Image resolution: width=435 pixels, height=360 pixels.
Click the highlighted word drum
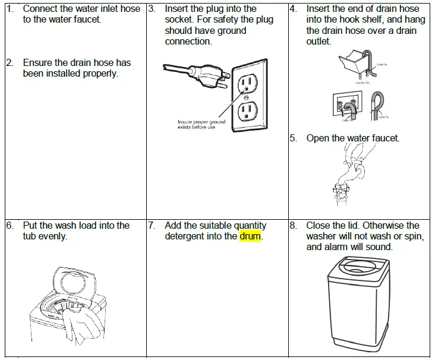pyautogui.click(x=250, y=236)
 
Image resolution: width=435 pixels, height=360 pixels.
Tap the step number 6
pyautogui.click(x=10, y=225)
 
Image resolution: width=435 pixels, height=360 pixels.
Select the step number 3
pyautogui.click(x=152, y=9)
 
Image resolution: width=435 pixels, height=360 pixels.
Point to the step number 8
pyautogui.click(x=294, y=225)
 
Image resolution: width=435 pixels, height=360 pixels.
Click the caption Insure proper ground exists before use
pyautogui.click(x=201, y=125)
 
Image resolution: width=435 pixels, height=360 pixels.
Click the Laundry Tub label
pyautogui.click(x=364, y=83)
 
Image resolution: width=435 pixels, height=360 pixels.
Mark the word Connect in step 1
pyautogui.click(x=40, y=9)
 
